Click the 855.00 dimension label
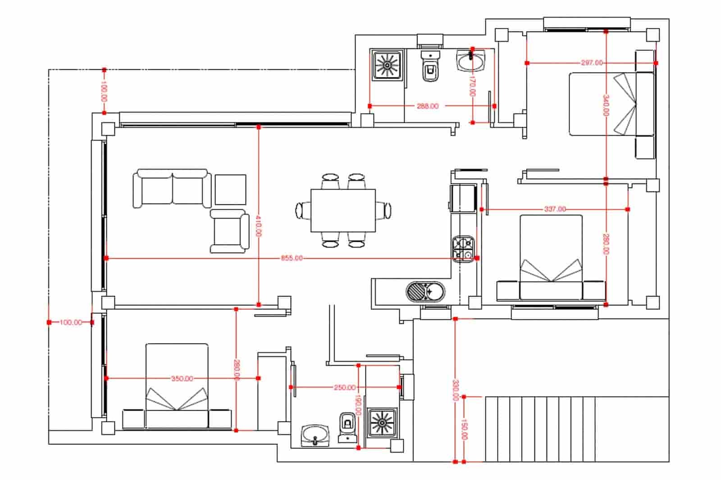point(292,258)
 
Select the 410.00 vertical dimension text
point(259,226)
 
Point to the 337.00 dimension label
point(555,209)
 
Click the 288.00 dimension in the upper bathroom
point(427,106)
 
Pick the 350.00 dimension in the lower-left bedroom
point(182,379)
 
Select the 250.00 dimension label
point(344,387)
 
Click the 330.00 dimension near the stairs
point(456,390)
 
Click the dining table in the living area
point(343,210)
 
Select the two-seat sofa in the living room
point(172,188)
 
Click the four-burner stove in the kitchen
point(463,249)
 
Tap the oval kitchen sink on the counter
point(425,291)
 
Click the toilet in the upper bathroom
point(431,67)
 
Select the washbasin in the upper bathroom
point(471,61)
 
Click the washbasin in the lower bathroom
point(315,435)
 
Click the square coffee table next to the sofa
point(230,190)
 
